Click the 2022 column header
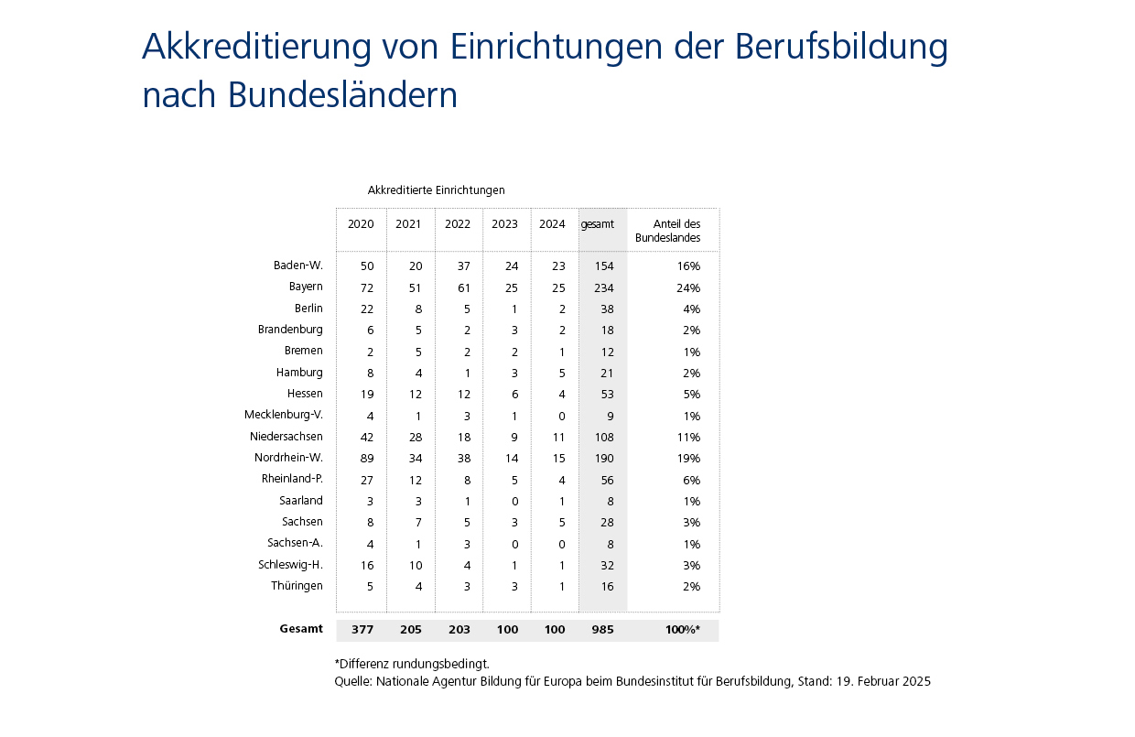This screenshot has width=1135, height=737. click(458, 224)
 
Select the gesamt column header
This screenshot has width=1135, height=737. click(597, 224)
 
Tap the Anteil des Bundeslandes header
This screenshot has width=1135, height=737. click(676, 231)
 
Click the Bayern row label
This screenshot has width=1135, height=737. click(306, 287)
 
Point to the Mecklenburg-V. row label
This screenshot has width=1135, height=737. click(284, 416)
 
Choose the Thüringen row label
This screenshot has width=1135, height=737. click(297, 586)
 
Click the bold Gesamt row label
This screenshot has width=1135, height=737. click(301, 630)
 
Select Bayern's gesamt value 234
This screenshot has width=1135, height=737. click(602, 287)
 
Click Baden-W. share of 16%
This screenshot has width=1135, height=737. click(689, 266)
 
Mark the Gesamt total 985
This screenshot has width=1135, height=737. click(602, 630)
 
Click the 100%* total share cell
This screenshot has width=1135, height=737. click(683, 630)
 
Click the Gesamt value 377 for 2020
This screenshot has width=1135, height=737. click(362, 630)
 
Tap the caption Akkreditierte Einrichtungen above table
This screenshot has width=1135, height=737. click(436, 190)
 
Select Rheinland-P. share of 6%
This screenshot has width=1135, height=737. click(691, 480)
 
